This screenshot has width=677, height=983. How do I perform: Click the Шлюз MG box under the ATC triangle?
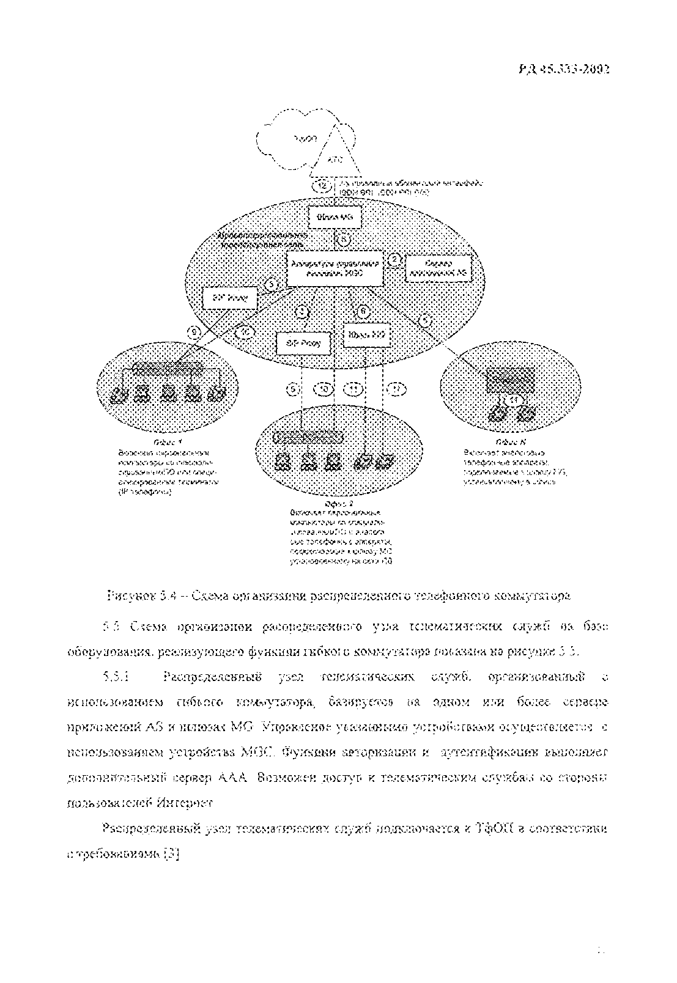point(334,217)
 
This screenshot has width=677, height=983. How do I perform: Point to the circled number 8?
point(344,240)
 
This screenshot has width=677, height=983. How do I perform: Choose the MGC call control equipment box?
point(336,269)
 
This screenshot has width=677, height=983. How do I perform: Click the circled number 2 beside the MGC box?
point(395,259)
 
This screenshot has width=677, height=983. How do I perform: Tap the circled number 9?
point(194,332)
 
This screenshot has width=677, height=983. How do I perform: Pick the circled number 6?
point(363,311)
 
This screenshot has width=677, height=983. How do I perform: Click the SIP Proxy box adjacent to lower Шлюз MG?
point(303,343)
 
